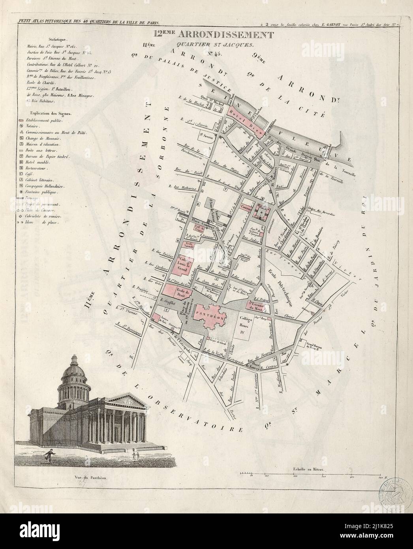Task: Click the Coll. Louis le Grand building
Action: [182, 266]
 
